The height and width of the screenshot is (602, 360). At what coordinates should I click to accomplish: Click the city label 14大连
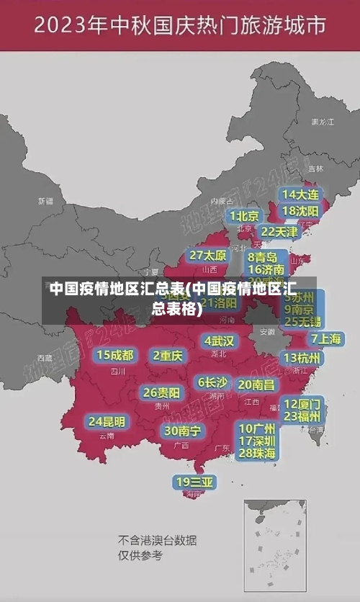[x=300, y=194]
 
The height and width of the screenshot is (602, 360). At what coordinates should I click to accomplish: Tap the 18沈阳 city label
[x=300, y=210]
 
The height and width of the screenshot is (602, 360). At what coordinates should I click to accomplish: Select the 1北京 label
[x=245, y=216]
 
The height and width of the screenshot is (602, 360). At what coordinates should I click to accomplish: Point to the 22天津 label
[x=279, y=232]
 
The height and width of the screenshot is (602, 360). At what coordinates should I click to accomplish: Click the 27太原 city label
[x=208, y=256]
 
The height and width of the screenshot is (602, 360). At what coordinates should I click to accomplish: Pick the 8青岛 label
[x=263, y=256]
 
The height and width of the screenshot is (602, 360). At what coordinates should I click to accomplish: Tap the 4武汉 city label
[x=219, y=341]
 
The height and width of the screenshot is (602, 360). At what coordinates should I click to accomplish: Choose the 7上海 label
[x=325, y=338]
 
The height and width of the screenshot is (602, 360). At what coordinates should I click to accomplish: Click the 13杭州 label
[x=302, y=358]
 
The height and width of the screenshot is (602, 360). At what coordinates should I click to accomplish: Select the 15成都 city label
[x=114, y=355]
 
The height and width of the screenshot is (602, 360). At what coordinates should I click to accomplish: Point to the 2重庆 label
[x=168, y=355]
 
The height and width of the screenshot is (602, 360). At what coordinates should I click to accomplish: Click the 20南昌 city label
[x=256, y=385]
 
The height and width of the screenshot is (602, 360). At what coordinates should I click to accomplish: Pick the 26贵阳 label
[x=161, y=392]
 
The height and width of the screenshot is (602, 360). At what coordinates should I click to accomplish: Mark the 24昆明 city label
[x=107, y=421]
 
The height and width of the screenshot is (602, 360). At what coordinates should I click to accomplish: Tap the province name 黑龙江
[x=323, y=122]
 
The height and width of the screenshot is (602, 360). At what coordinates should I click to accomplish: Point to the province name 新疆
[x=45, y=201]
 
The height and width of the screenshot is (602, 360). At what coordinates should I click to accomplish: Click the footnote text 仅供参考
[x=140, y=556]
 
